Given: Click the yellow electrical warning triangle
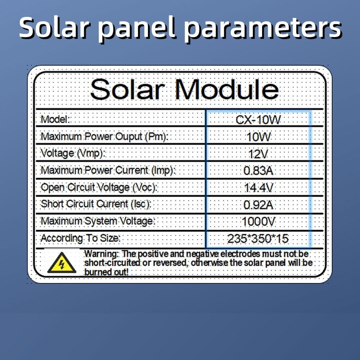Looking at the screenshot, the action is tap(62, 263).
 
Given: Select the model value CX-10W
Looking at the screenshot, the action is tap(258, 120).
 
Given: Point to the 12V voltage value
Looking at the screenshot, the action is tap(258, 154).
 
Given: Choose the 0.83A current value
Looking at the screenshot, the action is tap(258, 171).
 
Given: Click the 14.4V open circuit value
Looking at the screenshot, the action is tap(258, 188).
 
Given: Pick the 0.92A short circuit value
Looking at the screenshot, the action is tap(258, 205).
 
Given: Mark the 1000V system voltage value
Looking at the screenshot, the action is tap(258, 222).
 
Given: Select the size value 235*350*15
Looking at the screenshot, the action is tap(258, 239).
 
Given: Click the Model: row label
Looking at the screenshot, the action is tap(55, 120).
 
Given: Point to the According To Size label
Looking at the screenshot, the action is tap(80, 238).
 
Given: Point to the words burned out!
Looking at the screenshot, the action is tap(106, 272).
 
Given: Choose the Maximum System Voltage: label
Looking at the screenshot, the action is tap(98, 221).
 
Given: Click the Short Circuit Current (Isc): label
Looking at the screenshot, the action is tap(96, 204).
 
